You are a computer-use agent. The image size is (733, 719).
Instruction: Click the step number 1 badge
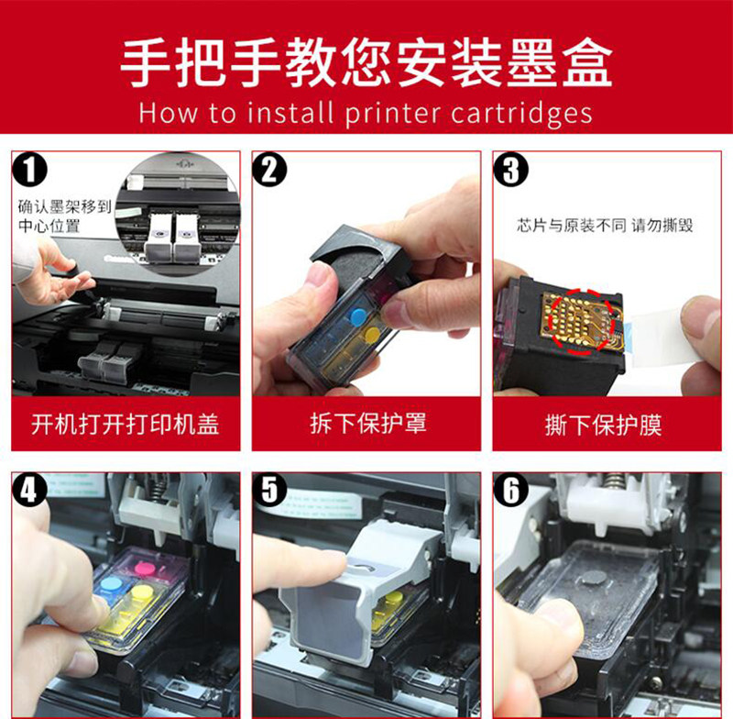click(34, 172)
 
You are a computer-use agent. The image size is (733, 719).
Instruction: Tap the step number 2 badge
click(272, 171)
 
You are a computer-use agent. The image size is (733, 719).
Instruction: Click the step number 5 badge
click(272, 490)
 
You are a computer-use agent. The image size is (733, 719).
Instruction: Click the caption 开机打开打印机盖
click(126, 424)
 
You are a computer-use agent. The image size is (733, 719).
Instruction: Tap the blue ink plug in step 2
click(357, 317)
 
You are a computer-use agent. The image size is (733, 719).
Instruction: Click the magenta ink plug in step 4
click(144, 570)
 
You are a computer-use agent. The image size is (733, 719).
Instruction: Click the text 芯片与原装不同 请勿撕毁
click(605, 225)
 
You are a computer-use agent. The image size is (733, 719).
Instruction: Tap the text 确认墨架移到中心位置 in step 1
click(64, 216)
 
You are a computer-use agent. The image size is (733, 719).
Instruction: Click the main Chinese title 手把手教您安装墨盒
click(366, 62)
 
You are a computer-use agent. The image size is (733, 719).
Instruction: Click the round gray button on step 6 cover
click(596, 579)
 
